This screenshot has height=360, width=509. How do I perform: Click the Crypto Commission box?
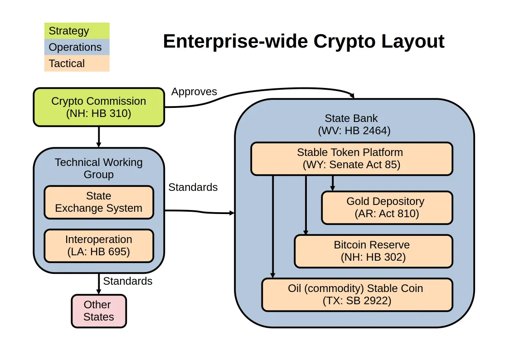coord(99,107)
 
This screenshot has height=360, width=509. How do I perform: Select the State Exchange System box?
coord(99,202)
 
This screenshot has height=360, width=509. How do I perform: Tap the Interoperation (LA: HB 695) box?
coord(99,245)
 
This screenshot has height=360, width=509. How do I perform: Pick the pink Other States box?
coord(99,311)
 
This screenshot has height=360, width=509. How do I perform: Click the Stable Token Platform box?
coord(352,158)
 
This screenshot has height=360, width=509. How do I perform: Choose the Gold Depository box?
coord(387,207)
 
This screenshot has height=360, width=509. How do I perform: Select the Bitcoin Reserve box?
coord(373,251)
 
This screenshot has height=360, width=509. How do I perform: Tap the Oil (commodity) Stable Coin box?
coord(357,294)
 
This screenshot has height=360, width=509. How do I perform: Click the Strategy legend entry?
coord(77,31)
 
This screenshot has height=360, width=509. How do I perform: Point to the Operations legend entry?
coord(77,47)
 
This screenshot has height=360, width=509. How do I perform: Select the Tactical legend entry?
coord(77,63)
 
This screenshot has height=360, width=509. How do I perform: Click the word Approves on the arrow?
coord(194,92)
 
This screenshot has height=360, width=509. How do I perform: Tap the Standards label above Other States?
coord(127,281)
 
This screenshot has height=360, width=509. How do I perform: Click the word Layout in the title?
coord(412,42)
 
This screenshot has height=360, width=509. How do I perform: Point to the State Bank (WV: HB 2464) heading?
coord(354,124)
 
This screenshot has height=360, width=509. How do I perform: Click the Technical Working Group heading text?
coord(99,168)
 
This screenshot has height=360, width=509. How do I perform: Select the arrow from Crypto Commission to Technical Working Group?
coord(99,137)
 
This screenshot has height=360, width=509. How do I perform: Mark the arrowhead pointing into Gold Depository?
coord(332,188)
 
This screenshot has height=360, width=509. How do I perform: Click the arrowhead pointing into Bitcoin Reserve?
coord(306,232)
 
